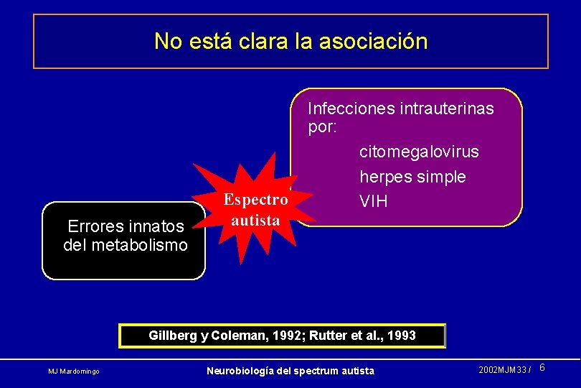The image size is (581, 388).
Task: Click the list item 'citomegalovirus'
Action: click(419, 152)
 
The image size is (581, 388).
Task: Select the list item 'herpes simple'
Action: click(412, 177)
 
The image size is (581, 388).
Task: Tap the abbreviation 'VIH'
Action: click(374, 202)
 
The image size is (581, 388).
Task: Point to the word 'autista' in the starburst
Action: click(256, 220)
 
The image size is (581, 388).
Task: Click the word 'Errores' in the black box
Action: click(96, 227)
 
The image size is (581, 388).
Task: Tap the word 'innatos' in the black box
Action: click(156, 227)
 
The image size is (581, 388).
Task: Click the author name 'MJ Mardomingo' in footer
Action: click(74, 371)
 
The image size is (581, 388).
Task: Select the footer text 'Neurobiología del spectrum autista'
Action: click(290, 371)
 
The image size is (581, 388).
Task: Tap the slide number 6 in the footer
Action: click(542, 368)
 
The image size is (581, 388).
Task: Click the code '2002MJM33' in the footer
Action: click(502, 370)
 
